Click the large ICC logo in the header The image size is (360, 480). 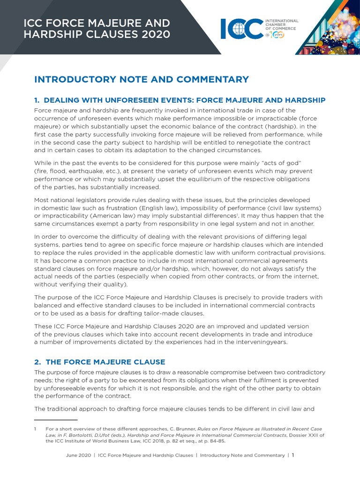(x=242, y=29)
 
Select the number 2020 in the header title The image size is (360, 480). (x=155, y=34)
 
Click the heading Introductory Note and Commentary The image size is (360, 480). (x=142, y=80)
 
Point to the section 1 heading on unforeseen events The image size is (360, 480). (x=180, y=100)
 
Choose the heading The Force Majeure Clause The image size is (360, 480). (x=100, y=362)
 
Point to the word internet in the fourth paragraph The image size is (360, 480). (x=305, y=277)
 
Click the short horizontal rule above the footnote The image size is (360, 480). (x=56, y=420)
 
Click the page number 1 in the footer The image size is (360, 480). (x=293, y=455)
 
